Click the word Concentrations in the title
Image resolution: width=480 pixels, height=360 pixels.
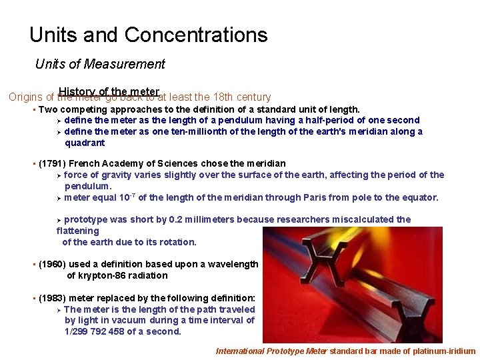(196, 35)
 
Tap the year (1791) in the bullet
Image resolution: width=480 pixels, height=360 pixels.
(51, 164)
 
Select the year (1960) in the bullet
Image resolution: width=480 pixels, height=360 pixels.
(51, 265)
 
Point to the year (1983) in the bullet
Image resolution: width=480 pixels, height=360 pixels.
(51, 299)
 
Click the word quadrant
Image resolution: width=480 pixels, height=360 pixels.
(85, 143)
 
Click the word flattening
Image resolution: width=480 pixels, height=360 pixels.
(78, 231)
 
